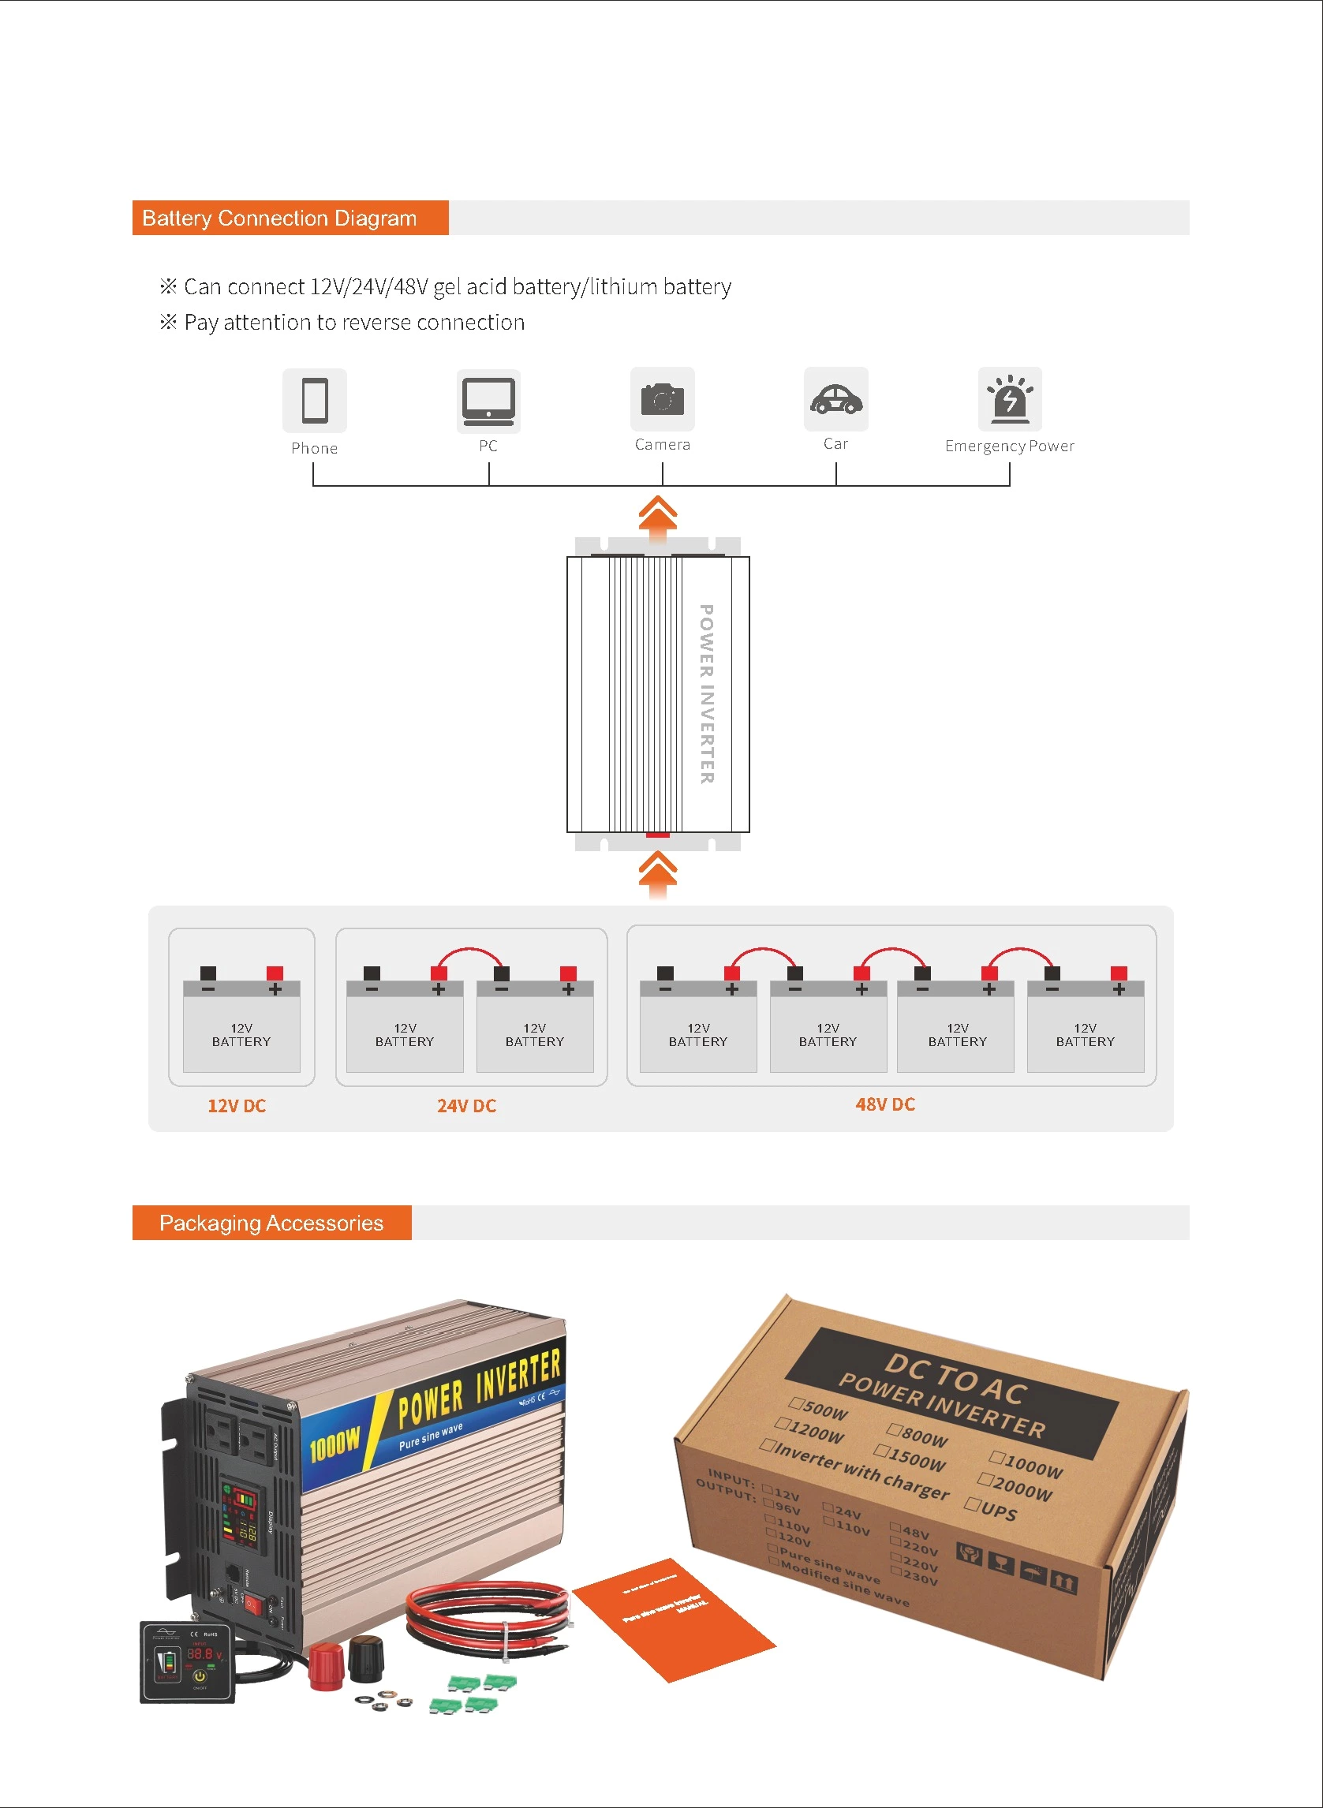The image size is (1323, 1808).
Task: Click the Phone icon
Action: [x=314, y=400]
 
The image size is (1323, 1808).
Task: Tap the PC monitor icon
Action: [x=488, y=400]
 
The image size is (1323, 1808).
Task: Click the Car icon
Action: [x=835, y=398]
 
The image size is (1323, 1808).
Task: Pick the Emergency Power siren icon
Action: [x=1009, y=398]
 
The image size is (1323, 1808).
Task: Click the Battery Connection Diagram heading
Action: [x=278, y=218]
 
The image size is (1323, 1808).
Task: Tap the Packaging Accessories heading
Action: [x=271, y=1223]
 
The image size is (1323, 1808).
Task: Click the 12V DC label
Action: [x=236, y=1106]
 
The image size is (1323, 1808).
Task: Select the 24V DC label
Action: [x=466, y=1106]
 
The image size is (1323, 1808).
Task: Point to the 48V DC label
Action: [x=885, y=1104]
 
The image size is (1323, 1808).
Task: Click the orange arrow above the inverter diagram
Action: [x=657, y=514]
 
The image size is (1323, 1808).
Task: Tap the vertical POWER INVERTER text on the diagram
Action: [x=705, y=693]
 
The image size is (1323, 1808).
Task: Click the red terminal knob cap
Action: [x=325, y=1665]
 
